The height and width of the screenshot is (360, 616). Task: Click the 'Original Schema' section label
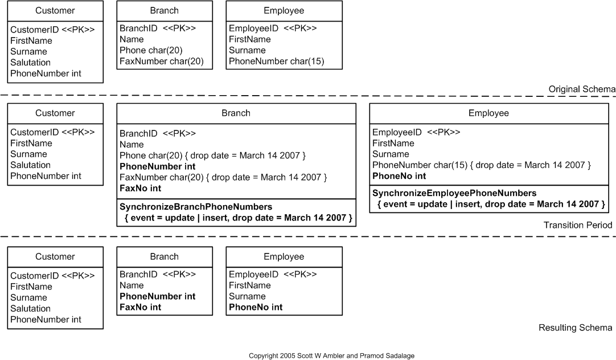click(x=581, y=89)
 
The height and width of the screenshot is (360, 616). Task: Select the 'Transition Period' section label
click(x=577, y=225)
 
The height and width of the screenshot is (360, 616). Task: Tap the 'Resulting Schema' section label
click(x=575, y=328)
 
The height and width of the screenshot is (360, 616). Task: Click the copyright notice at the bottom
click(x=331, y=355)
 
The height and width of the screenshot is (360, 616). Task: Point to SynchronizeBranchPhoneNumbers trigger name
click(x=196, y=206)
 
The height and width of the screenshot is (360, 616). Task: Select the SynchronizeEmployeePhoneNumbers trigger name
click(x=454, y=193)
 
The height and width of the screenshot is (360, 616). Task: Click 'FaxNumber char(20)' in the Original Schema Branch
click(x=161, y=62)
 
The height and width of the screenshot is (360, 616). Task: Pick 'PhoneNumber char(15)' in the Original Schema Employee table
click(x=276, y=62)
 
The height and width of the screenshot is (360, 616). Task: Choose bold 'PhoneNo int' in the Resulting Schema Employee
click(x=256, y=307)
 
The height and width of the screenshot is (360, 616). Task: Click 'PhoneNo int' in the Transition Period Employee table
click(x=399, y=176)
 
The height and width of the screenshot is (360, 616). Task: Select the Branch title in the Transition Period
click(x=236, y=113)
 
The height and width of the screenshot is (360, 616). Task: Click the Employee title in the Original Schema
click(x=284, y=10)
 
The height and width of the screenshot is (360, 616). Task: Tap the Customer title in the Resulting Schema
click(x=55, y=256)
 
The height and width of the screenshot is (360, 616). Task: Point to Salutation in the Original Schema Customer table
click(x=30, y=62)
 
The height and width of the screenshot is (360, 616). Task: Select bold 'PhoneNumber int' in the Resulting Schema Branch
click(x=157, y=296)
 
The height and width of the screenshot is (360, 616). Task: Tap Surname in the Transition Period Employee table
click(x=391, y=154)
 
